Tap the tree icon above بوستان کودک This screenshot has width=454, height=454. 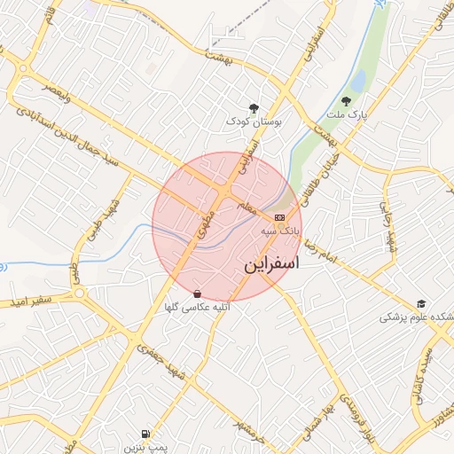[x=254, y=107]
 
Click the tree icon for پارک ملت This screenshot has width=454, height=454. [x=346, y=101]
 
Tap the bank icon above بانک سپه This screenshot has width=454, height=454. [x=280, y=217]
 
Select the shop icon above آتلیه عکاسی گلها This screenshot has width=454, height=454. [x=197, y=294]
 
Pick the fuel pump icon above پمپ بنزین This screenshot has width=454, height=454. [x=145, y=434]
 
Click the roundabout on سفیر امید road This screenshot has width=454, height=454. [x=80, y=293]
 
